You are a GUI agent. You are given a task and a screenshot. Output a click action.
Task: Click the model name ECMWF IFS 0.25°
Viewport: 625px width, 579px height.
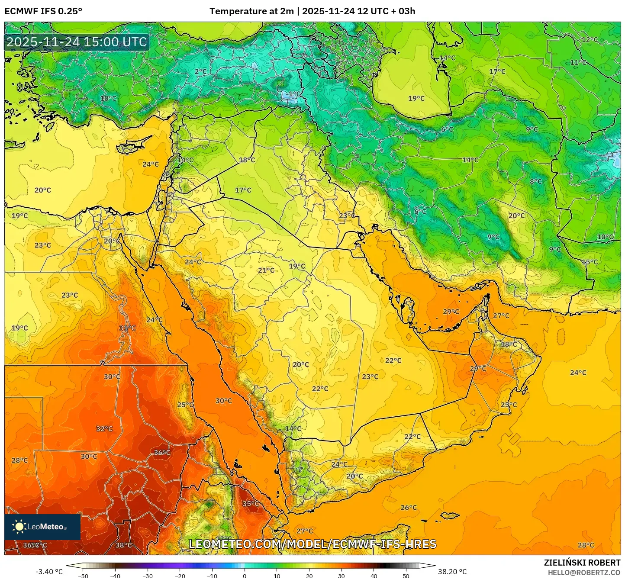click(43, 11)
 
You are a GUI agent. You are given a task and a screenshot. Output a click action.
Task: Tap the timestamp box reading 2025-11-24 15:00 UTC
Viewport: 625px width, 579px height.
click(77, 42)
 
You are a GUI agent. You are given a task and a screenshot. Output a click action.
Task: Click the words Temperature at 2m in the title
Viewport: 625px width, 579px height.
click(251, 11)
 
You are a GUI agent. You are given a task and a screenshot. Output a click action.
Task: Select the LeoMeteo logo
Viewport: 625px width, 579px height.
click(42, 527)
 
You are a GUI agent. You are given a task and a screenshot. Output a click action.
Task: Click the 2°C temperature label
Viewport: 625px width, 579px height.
click(200, 71)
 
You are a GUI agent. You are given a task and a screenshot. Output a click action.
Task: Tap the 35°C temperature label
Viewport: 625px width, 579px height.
click(251, 504)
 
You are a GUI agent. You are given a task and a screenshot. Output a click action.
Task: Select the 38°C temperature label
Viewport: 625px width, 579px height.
click(123, 545)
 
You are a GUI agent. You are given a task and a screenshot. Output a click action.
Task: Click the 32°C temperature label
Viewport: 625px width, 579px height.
click(104, 429)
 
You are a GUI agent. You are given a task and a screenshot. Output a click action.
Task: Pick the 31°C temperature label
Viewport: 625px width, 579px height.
click(127, 328)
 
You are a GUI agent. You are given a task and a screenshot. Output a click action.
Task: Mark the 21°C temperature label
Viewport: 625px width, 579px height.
click(266, 270)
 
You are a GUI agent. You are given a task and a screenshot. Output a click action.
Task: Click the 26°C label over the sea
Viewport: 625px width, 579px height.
click(409, 508)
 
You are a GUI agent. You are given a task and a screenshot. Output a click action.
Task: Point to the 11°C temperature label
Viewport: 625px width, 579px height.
click(578, 63)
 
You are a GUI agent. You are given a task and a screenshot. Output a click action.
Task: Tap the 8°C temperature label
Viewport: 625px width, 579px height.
click(536, 182)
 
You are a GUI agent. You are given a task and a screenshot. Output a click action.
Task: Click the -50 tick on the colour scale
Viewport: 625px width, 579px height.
click(83, 576)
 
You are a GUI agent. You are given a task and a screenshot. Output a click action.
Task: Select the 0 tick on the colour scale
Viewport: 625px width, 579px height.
click(245, 576)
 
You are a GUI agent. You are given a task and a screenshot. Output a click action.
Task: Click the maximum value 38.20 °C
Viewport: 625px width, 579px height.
click(452, 572)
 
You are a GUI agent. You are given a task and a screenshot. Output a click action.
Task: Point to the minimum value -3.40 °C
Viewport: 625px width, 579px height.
click(49, 572)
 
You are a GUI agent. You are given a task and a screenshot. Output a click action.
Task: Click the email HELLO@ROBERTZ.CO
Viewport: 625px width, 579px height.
click(584, 573)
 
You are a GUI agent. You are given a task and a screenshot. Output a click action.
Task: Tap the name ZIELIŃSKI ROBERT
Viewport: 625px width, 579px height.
click(582, 563)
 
